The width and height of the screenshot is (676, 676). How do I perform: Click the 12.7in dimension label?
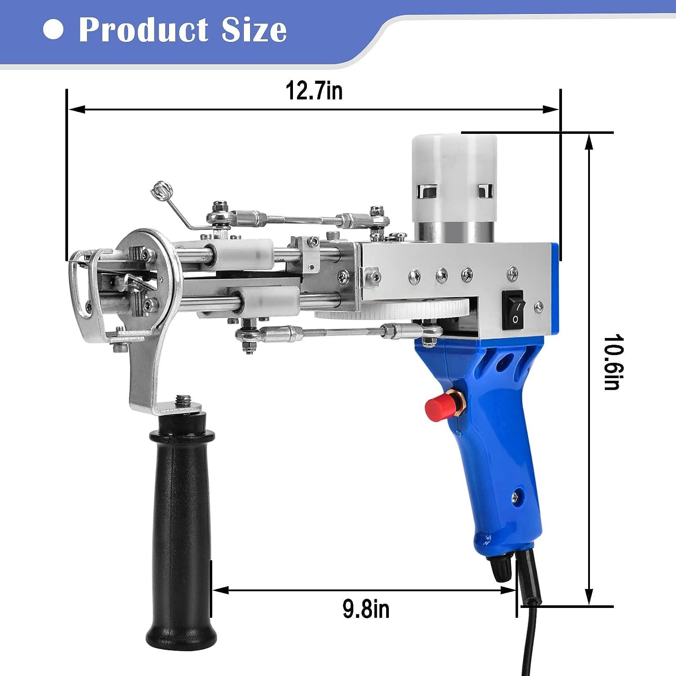(314, 91)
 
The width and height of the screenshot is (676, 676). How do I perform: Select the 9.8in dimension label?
(365, 609)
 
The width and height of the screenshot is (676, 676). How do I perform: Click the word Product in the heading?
(144, 30)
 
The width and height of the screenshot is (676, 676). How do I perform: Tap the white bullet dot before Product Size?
(53, 29)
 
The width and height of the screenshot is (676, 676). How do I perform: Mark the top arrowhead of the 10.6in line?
(589, 142)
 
